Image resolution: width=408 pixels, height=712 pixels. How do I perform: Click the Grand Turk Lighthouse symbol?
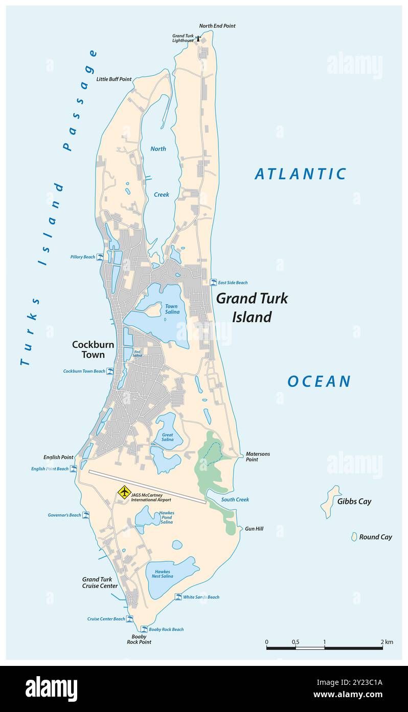click(x=198, y=38)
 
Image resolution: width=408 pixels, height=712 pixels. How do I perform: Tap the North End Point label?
click(x=217, y=26)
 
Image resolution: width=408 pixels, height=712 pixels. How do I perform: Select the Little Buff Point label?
click(x=114, y=79)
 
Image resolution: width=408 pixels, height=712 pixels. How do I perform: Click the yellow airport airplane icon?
click(x=124, y=492)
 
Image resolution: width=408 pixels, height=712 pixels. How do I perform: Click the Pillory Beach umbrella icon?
click(x=100, y=257)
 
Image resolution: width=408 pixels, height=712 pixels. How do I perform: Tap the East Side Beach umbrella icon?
click(x=213, y=282)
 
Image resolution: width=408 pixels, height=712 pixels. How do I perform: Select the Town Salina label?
click(x=171, y=309)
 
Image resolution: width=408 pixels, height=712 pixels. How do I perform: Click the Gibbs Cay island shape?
click(x=330, y=501)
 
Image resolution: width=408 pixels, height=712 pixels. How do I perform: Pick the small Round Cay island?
click(x=353, y=537)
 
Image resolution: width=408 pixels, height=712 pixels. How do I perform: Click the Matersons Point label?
click(x=258, y=456)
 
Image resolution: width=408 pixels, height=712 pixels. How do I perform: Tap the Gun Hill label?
click(x=254, y=529)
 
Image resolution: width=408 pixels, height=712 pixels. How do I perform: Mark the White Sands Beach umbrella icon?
click(x=178, y=597)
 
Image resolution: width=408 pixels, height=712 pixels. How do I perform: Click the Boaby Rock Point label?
click(x=139, y=639)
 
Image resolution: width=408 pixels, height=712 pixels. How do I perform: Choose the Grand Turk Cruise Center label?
click(x=100, y=582)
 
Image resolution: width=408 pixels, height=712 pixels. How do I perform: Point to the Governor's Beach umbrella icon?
click(x=86, y=515)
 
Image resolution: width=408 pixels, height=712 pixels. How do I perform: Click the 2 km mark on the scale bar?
click(x=382, y=648)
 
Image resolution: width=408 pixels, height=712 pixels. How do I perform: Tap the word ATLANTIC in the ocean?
click(x=301, y=174)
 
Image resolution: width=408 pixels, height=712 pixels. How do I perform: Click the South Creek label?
click(x=235, y=499)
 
